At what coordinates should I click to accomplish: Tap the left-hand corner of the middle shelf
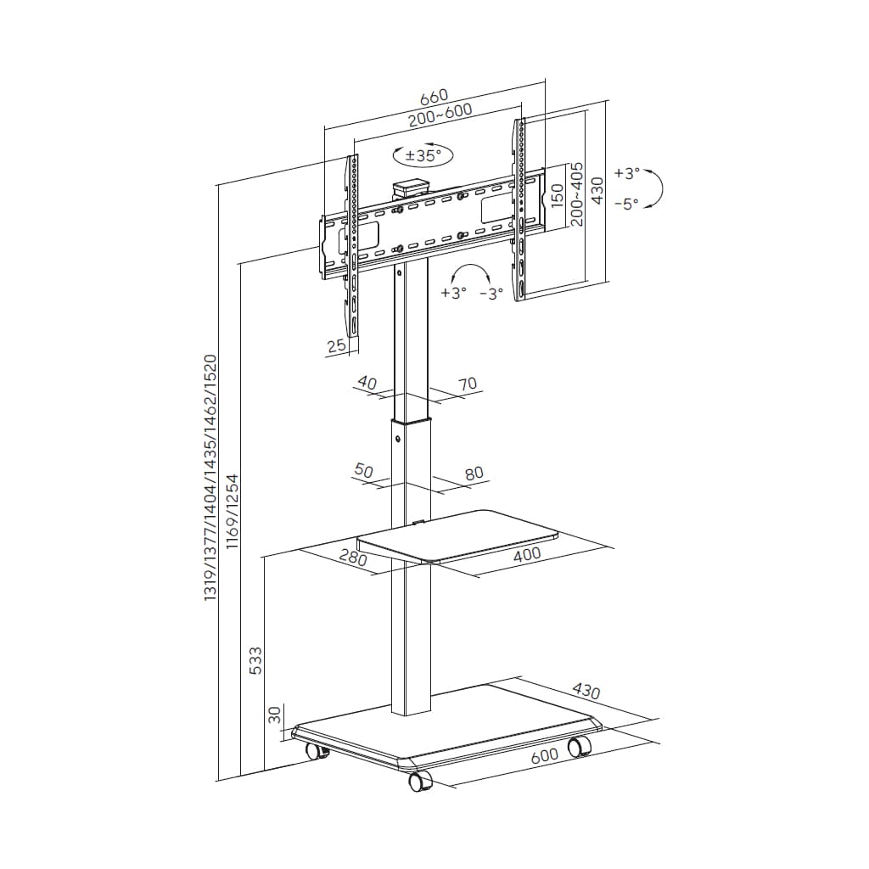[x=358, y=539]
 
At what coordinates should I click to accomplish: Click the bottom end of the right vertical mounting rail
[x=519, y=300]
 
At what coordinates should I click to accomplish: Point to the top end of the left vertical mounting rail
[x=352, y=157]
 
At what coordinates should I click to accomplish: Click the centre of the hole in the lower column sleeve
[x=398, y=440]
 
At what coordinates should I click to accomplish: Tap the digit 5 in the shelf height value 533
[x=255, y=669]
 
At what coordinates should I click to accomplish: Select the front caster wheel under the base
[x=420, y=781]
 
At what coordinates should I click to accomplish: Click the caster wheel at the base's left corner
[x=317, y=751]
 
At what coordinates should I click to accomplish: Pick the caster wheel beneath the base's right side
[x=579, y=746]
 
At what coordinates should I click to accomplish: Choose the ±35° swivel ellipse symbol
[x=423, y=155]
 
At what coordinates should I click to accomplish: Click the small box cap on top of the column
[x=411, y=187]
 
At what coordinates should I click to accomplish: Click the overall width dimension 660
[x=434, y=97]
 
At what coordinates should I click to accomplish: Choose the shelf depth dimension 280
[x=354, y=557]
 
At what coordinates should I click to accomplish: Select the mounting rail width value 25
[x=336, y=346]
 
